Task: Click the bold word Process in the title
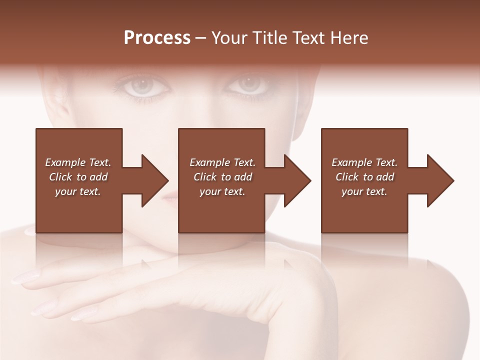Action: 157,38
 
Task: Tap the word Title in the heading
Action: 268,38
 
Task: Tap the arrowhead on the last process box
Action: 439,180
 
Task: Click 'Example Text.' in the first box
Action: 78,162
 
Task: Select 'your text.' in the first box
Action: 78,191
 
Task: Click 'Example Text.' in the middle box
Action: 222,162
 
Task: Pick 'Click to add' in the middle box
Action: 222,177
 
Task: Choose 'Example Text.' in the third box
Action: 364,162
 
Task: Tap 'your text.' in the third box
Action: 364,191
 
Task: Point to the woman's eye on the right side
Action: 248,84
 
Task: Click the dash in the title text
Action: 201,38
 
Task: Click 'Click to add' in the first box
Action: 78,177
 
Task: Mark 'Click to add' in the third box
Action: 364,177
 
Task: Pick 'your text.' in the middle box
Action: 222,191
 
